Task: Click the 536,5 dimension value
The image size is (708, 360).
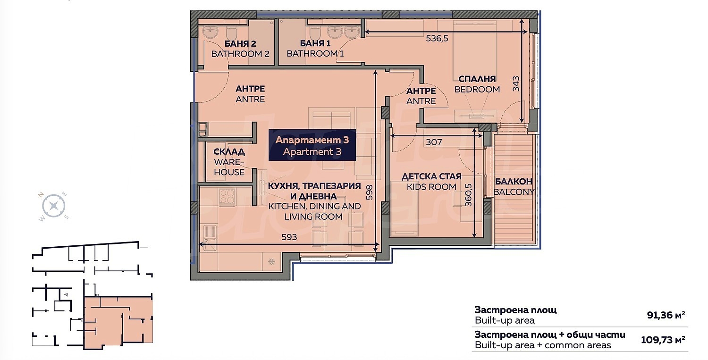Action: tap(437, 39)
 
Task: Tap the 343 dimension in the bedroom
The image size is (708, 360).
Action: tap(515, 84)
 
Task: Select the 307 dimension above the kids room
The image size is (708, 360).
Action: tap(434, 142)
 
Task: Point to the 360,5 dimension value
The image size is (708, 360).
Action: tap(468, 195)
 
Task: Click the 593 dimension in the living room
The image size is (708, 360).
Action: tap(289, 237)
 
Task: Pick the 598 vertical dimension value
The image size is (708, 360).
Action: tap(369, 192)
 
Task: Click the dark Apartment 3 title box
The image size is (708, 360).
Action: tap(312, 145)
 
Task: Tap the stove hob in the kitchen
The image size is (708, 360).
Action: tap(227, 196)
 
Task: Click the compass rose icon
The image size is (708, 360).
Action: tap(53, 206)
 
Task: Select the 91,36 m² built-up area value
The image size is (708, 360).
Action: tap(666, 315)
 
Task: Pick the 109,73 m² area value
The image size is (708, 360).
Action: tap(663, 340)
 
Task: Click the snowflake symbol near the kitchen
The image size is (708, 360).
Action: tap(271, 261)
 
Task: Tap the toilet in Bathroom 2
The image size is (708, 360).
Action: tap(232, 32)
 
